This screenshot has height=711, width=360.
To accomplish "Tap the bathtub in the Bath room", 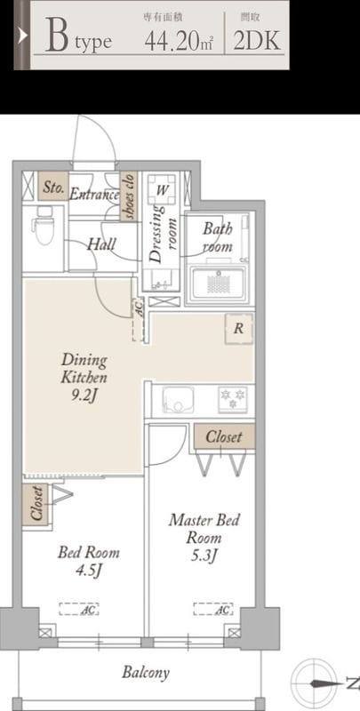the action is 219,284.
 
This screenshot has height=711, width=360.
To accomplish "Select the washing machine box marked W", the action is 162,189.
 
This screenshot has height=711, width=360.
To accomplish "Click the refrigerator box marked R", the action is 239,329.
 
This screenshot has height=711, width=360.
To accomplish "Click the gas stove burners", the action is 233,399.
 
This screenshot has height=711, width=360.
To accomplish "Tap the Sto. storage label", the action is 53,186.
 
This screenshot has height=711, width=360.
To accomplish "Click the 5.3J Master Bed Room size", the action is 204,555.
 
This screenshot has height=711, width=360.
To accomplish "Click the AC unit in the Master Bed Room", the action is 213,609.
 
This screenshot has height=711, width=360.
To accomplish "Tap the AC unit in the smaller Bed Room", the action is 79,609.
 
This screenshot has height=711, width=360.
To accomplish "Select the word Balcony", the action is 146,672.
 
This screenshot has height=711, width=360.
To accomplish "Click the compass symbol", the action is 317,683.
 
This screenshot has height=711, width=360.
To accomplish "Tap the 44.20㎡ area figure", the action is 179,42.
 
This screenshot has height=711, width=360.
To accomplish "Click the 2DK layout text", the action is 257,41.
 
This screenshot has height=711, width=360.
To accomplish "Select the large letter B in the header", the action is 58,36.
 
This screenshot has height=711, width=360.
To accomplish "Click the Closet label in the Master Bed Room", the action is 224,436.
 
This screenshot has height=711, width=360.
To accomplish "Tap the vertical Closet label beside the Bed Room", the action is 36,504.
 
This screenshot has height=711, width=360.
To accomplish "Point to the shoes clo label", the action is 129,196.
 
